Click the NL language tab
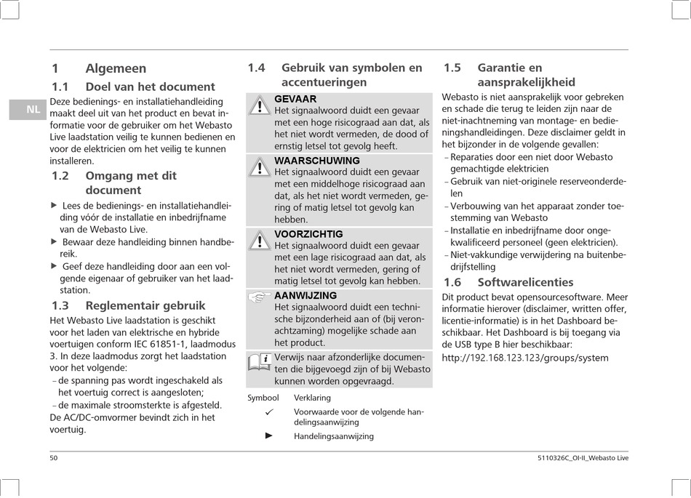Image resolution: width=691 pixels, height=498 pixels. click(x=33, y=110)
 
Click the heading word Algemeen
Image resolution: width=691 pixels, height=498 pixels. click(x=116, y=68)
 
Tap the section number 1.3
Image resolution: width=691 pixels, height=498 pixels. click(x=60, y=306)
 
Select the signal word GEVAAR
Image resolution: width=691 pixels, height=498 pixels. click(x=295, y=99)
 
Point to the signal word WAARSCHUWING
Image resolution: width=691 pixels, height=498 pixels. click(x=317, y=161)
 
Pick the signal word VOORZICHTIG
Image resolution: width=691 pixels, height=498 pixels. click(x=308, y=234)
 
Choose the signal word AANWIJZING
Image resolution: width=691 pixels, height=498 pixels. click(x=305, y=296)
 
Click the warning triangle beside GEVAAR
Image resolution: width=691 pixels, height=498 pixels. click(x=259, y=107)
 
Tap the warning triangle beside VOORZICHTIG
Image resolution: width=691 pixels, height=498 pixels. click(x=259, y=242)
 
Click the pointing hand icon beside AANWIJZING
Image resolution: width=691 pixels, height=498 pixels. click(x=259, y=297)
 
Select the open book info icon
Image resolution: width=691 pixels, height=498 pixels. click(x=259, y=361)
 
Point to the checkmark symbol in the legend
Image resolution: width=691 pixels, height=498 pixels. click(x=268, y=413)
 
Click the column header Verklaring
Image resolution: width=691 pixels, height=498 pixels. click(x=312, y=398)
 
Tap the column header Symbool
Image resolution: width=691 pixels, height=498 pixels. click(x=263, y=398)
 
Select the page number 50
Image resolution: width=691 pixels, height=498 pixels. click(x=54, y=458)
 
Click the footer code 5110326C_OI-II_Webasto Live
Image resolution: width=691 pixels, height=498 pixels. click(x=580, y=458)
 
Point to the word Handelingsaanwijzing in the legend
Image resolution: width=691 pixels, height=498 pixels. click(x=334, y=436)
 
